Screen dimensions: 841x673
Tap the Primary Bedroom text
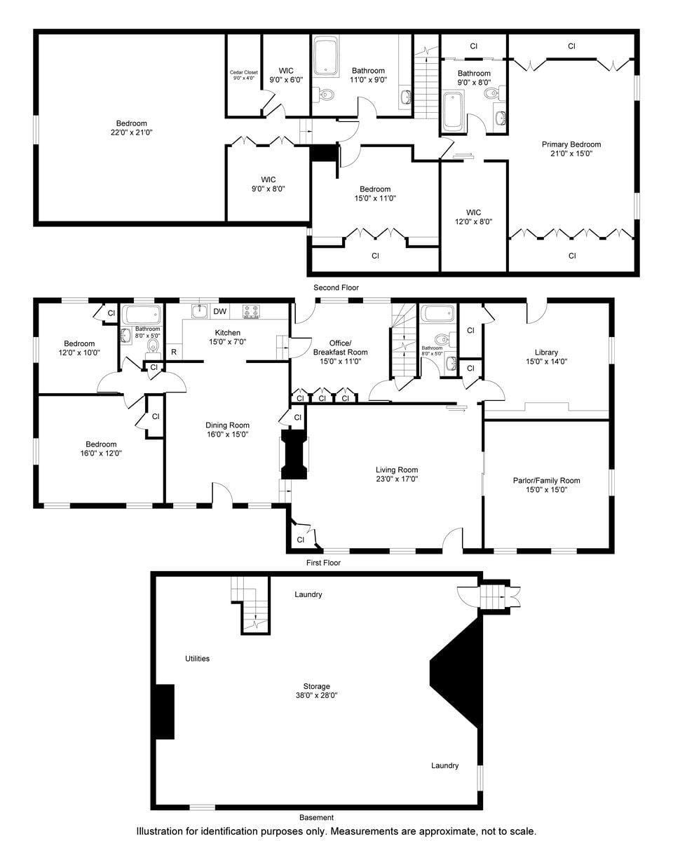click(x=571, y=144)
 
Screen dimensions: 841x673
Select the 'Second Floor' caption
click(x=336, y=287)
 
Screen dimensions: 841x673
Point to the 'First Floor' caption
click(x=323, y=562)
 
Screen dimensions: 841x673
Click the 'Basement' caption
click(x=316, y=817)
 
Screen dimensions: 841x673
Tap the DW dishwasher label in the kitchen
click(x=219, y=312)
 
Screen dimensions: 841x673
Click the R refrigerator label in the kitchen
click(x=173, y=352)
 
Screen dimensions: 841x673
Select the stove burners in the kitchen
click(x=252, y=312)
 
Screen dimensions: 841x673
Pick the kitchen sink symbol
click(x=200, y=310)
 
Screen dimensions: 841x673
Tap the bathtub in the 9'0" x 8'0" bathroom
click(x=452, y=111)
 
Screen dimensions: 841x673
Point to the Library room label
click(x=546, y=353)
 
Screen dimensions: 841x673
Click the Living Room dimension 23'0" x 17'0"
click(x=397, y=479)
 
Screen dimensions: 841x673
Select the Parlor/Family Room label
click(x=546, y=481)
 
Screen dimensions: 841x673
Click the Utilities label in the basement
click(x=197, y=659)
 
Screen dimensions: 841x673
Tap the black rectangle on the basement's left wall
click(x=164, y=711)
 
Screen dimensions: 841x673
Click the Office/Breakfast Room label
click(x=340, y=348)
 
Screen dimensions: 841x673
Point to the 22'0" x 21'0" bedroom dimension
click(x=132, y=132)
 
